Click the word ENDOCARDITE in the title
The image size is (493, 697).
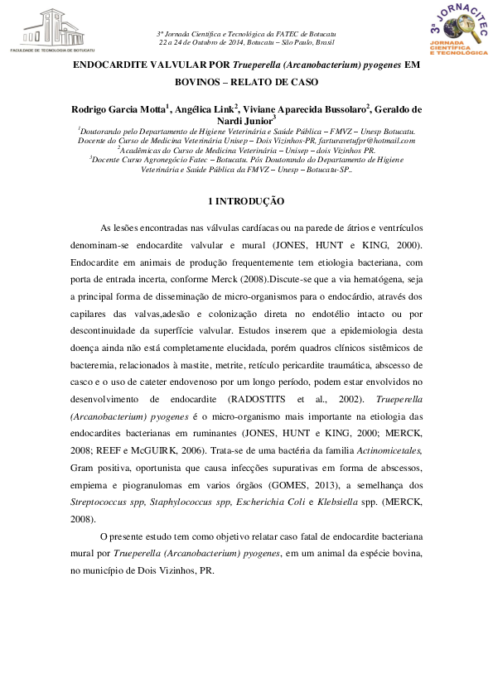103,65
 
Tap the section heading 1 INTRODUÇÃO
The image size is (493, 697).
246,200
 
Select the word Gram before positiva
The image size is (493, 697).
82,467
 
